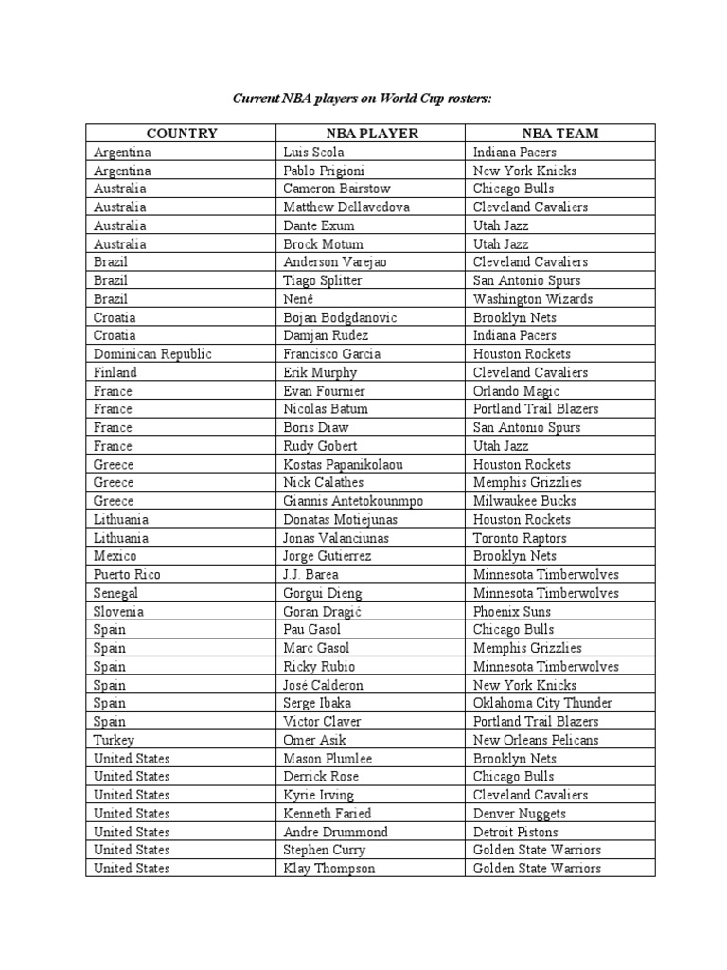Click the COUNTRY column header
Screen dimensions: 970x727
click(x=182, y=134)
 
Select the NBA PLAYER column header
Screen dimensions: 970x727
click(x=370, y=134)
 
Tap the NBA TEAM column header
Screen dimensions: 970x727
click(x=559, y=134)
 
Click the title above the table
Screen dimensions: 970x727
click(x=363, y=98)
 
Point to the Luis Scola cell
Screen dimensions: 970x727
click(x=312, y=153)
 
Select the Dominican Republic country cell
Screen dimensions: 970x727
click(x=152, y=354)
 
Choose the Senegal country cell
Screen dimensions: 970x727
click(x=116, y=593)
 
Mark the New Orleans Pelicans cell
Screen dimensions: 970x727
click(x=536, y=740)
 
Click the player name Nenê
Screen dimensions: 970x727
click(x=299, y=299)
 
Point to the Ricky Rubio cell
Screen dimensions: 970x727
click(x=320, y=667)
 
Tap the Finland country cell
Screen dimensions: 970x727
click(x=115, y=373)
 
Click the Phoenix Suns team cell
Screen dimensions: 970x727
click(x=512, y=612)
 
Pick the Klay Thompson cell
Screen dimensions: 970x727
click(x=328, y=869)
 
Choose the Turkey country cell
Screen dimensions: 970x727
click(x=115, y=740)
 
